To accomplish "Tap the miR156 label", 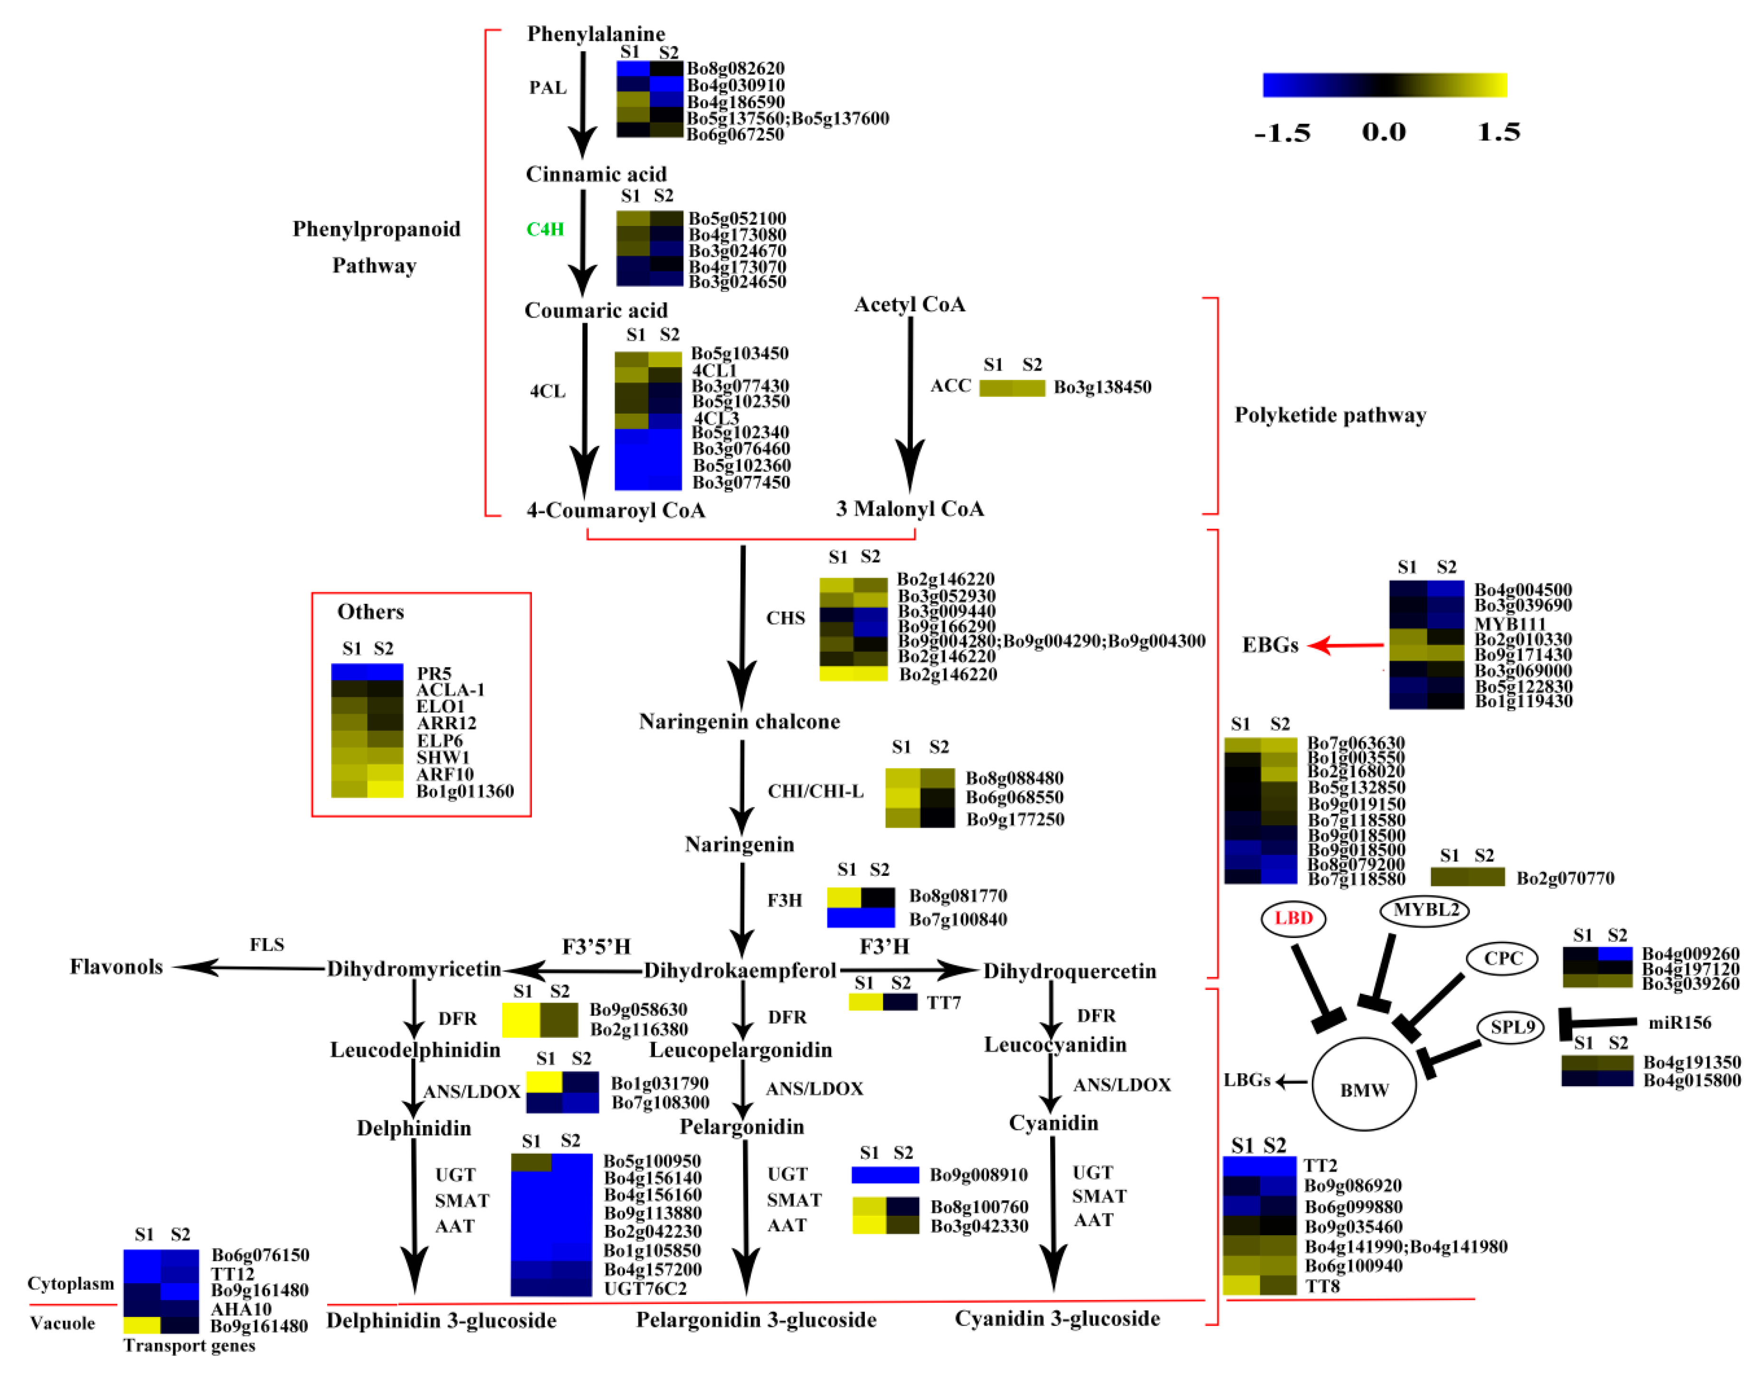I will point(1679,1023).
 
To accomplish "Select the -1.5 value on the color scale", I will point(1282,132).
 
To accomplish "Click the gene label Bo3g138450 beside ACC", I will point(1101,387).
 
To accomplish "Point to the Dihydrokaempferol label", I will point(739,970).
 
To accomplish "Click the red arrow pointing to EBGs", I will point(1346,645).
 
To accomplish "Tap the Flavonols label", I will point(116,967).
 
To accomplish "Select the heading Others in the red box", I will point(370,612).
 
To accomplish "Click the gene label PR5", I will point(434,674).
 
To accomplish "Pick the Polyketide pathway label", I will point(1330,415).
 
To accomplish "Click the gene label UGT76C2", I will point(645,1289).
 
